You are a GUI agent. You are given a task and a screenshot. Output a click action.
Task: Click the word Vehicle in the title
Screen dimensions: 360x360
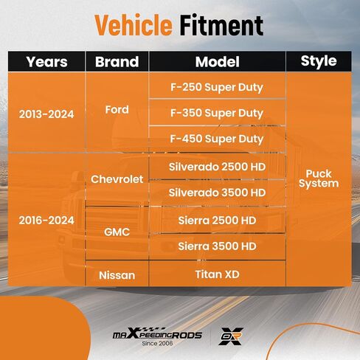click(x=134, y=25)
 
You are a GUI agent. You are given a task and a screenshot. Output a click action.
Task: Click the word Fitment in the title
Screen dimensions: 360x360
click(x=221, y=25)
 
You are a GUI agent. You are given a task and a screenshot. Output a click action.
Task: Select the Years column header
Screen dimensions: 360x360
click(x=46, y=62)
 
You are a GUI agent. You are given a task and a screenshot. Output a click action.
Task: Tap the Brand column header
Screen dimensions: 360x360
click(x=117, y=62)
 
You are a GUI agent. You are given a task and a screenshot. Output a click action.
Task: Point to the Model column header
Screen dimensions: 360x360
click(x=218, y=62)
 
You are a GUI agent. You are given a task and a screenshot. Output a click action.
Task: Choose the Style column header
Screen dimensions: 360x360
click(x=319, y=61)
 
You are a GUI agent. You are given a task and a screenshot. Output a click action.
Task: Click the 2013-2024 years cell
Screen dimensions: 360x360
click(x=46, y=114)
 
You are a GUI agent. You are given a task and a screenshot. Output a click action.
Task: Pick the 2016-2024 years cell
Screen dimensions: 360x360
click(x=46, y=221)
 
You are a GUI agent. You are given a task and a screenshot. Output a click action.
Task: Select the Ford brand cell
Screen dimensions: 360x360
click(x=117, y=110)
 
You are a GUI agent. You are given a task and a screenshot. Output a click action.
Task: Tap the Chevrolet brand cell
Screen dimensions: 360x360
click(x=117, y=179)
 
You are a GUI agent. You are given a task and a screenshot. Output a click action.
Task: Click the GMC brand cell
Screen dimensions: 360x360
click(x=117, y=232)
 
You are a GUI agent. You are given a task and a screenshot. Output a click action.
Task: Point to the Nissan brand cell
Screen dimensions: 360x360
click(x=117, y=275)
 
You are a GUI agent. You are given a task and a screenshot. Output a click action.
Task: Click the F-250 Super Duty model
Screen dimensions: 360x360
click(x=217, y=88)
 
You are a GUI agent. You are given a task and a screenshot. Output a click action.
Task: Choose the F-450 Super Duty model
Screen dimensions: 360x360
click(x=217, y=139)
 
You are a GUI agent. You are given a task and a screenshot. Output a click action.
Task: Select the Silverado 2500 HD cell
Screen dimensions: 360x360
click(x=218, y=167)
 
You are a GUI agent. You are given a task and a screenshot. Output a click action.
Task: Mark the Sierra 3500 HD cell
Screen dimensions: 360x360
click(x=218, y=246)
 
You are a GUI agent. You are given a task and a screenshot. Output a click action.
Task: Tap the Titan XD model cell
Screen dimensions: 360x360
click(x=218, y=274)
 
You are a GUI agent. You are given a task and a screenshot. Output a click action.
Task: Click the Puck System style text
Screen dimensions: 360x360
click(x=319, y=179)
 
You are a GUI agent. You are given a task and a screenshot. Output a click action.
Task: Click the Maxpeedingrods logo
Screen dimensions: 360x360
click(x=157, y=333)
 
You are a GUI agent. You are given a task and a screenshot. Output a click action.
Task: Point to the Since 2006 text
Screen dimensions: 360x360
click(x=157, y=343)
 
